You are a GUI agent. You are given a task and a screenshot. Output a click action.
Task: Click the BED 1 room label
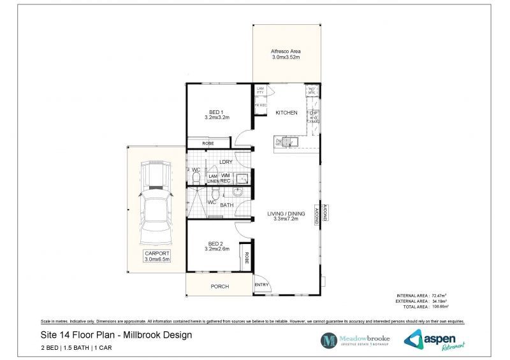pyautogui.click(x=217, y=114)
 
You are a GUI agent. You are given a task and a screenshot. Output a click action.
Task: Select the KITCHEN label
pyautogui.click(x=286, y=113)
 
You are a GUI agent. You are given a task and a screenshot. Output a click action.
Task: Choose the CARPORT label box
pyautogui.click(x=156, y=257)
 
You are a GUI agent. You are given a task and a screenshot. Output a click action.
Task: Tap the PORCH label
pyautogui.click(x=219, y=287)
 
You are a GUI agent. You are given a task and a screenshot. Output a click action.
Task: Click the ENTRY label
pyautogui.click(x=261, y=285)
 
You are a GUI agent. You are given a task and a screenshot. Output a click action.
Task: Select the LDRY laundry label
pyautogui.click(x=225, y=162)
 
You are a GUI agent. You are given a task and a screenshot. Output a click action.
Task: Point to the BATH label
pyautogui.click(x=227, y=205)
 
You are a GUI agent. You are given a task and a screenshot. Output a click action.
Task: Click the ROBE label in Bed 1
pyautogui.click(x=208, y=143)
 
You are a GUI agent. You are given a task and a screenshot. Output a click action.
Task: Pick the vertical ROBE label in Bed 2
pyautogui.click(x=247, y=258)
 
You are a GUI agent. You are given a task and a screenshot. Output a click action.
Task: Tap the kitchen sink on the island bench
pyautogui.click(x=293, y=141)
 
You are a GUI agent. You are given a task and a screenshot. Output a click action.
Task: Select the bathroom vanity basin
pyautogui.click(x=237, y=191)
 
